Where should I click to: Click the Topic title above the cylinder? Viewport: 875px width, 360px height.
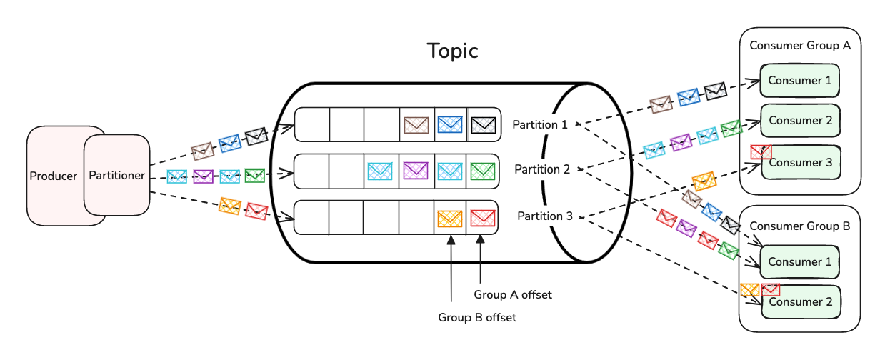452,51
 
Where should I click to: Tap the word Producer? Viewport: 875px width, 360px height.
53,176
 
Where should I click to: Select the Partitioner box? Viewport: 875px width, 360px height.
117,175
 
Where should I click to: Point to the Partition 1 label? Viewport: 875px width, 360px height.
540,124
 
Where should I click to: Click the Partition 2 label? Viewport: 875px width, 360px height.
542,169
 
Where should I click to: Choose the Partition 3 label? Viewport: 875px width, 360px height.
545,216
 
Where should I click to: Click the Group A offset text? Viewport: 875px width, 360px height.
513,295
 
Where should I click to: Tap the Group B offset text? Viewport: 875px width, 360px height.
477,317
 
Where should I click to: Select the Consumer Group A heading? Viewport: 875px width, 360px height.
800,46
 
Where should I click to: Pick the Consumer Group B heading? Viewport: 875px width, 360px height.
800,226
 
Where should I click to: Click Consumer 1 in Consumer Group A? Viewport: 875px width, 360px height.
799,81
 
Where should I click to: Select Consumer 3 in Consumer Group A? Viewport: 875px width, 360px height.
801,162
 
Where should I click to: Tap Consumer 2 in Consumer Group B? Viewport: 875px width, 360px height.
801,302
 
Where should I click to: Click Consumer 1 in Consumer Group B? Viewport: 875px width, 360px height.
799,261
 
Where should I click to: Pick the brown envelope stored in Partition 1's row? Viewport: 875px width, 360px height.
416,125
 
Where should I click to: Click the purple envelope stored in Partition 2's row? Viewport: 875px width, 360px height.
416,171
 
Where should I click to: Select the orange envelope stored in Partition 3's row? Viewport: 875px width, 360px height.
449,219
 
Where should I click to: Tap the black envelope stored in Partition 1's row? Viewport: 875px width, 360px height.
484,125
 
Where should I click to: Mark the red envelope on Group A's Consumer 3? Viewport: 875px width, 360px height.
761,152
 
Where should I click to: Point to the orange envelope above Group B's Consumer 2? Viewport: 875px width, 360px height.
749,290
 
